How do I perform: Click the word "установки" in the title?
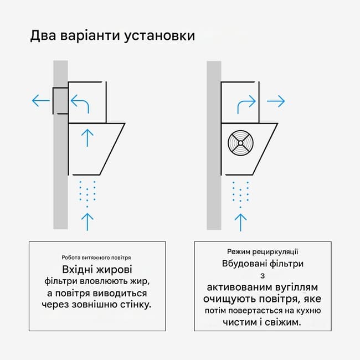[x=160, y=36]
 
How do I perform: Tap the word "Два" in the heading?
[x=43, y=35]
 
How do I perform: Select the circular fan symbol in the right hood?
[x=240, y=143]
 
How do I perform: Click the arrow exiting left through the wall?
[x=41, y=101]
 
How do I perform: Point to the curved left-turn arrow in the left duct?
[x=80, y=104]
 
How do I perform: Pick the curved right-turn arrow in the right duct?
[x=246, y=105]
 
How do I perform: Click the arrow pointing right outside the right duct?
[x=276, y=101]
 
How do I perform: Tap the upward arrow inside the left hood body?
[x=88, y=138]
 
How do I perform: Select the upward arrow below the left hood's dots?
[x=88, y=222]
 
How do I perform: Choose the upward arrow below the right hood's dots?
[x=240, y=223]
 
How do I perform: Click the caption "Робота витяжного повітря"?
[x=96, y=258]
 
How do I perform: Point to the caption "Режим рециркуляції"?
[x=263, y=252]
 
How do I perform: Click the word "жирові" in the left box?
[x=114, y=270]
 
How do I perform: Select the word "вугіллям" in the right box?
[x=296, y=287]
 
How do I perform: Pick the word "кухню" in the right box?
[x=308, y=311]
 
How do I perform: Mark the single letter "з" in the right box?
[x=263, y=276]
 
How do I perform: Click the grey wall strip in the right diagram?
[x=214, y=145]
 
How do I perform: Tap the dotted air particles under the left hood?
[x=88, y=194]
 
